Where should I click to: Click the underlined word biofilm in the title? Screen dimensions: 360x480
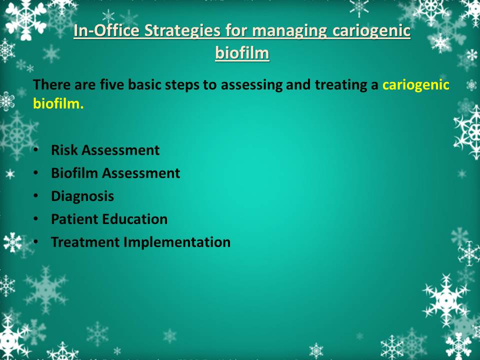coord(242,52)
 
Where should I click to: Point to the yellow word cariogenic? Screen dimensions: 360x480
coord(416,84)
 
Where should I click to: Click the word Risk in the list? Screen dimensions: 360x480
coord(64,150)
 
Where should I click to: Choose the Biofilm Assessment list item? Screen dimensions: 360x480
coord(115,173)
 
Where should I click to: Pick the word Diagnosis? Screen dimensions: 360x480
coord(82,196)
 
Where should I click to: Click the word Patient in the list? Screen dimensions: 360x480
coord(74,219)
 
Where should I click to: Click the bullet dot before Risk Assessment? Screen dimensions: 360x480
coord(36,150)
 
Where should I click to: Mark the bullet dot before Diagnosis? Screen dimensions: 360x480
coord(36,196)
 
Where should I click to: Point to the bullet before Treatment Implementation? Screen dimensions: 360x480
coord(36,242)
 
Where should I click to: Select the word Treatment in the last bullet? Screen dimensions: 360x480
coord(85,242)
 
